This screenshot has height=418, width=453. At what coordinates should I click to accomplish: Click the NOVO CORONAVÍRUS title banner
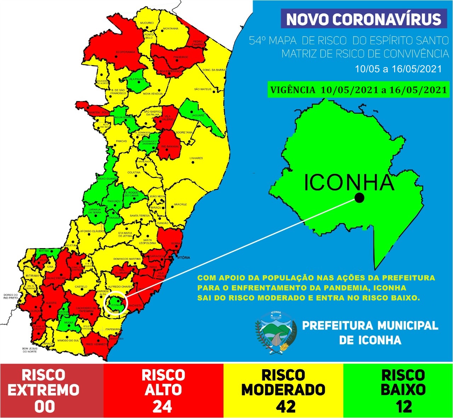(x=364, y=19)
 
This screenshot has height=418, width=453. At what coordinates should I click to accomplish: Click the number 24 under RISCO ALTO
(x=163, y=407)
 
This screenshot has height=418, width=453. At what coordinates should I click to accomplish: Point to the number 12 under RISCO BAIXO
(x=403, y=407)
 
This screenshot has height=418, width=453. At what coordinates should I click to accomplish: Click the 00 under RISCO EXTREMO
(x=45, y=407)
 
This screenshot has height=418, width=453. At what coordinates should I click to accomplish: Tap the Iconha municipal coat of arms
(x=276, y=333)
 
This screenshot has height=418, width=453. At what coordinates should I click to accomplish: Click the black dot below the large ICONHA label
(x=359, y=198)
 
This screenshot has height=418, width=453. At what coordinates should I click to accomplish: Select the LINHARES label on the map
(x=196, y=158)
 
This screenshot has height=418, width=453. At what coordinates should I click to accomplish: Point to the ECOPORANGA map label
(x=126, y=52)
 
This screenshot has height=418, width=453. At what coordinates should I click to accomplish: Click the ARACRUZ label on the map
(x=180, y=205)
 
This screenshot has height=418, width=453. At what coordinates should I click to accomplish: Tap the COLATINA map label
(x=134, y=172)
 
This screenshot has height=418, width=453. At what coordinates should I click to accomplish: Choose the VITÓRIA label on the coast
(x=184, y=258)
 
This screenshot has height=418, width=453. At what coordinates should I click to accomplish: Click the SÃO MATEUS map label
(x=203, y=89)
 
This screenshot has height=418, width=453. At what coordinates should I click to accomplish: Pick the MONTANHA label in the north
(x=171, y=28)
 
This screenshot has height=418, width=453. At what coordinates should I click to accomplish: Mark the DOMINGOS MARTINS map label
(x=127, y=259)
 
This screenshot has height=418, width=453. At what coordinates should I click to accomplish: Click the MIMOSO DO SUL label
(x=68, y=340)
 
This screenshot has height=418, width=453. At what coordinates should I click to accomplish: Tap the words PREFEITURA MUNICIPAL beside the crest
(x=370, y=326)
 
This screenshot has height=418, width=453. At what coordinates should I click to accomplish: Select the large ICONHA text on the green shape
(x=349, y=183)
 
